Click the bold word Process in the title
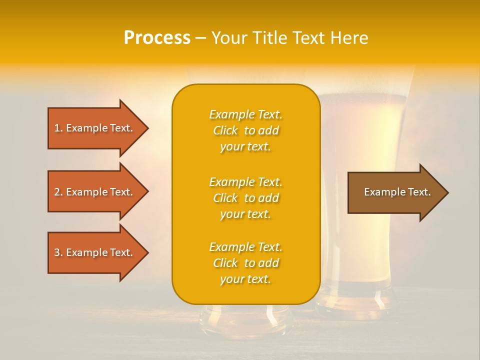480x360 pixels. (157, 38)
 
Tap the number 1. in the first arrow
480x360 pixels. (58, 128)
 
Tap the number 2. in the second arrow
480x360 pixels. (58, 192)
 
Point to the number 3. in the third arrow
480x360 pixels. (58, 252)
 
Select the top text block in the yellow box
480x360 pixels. (245, 130)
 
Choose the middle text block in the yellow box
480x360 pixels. (245, 198)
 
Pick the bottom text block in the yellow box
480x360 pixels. (245, 263)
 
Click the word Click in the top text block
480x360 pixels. (225, 130)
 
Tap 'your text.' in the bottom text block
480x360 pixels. (245, 279)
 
